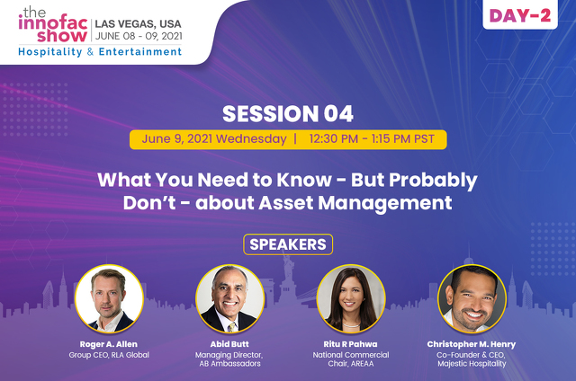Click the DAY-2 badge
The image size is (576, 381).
[520, 14]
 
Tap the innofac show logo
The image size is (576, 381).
[53, 24]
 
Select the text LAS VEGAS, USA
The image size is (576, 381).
[138, 24]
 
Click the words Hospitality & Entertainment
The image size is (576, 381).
[100, 52]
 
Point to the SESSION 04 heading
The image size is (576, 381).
[288, 113]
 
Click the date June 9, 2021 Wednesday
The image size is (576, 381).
[214, 139]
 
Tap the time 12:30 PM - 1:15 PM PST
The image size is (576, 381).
[372, 139]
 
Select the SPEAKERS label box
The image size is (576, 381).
[288, 244]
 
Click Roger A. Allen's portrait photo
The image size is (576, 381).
[109, 298]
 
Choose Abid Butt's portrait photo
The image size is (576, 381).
[230, 298]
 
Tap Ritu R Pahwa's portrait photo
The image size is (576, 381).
[351, 298]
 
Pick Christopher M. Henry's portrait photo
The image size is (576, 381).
[472, 298]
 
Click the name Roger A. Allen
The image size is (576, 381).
[109, 344]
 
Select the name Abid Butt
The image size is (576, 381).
[229, 344]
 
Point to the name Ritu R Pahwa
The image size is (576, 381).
[350, 344]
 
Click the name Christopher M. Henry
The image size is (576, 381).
[472, 344]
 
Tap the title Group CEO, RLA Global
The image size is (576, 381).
[109, 355]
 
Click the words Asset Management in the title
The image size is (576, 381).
[355, 203]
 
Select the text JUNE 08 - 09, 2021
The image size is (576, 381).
[139, 36]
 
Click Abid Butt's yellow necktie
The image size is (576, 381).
[231, 327]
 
